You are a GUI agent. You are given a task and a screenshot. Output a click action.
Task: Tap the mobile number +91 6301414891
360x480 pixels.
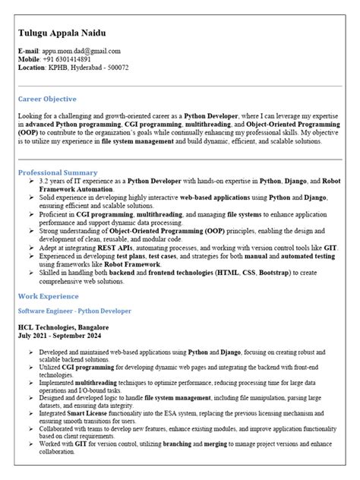pos(68,59)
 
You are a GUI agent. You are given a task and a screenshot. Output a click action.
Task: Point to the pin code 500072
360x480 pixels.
pos(118,68)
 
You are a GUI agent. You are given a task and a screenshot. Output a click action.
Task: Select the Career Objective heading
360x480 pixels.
pos(47,99)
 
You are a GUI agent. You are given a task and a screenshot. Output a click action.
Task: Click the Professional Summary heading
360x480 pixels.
pos(58,172)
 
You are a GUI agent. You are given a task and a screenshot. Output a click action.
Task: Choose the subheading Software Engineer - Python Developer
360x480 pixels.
pos(74,311)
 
